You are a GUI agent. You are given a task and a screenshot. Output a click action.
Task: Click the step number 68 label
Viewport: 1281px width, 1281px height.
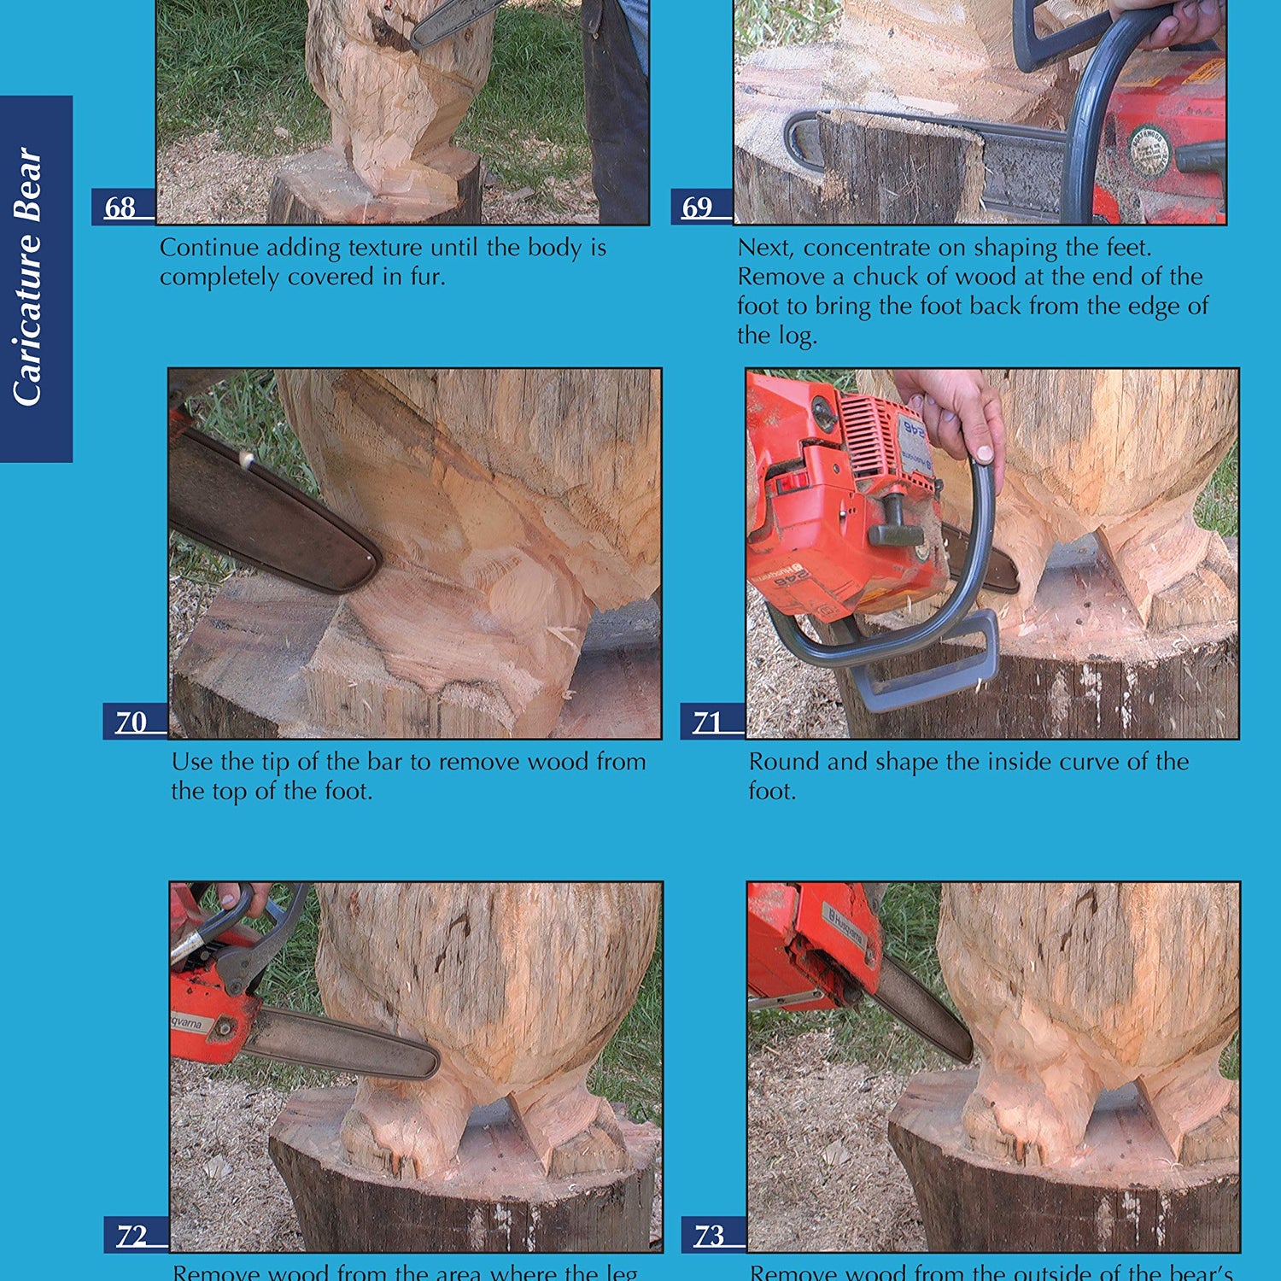click(120, 208)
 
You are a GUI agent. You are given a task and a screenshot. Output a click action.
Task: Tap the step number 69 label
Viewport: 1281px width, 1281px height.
click(698, 208)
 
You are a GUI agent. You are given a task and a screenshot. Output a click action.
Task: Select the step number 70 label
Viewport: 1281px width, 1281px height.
click(132, 722)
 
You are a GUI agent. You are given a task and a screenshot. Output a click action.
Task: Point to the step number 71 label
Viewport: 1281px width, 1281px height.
click(708, 722)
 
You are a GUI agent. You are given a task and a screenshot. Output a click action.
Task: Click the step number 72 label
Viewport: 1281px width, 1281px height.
click(132, 1236)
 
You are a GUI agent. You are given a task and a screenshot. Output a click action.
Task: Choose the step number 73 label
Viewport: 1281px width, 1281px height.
click(710, 1236)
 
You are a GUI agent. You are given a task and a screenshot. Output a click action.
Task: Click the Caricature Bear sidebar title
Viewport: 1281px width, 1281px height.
click(28, 278)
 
